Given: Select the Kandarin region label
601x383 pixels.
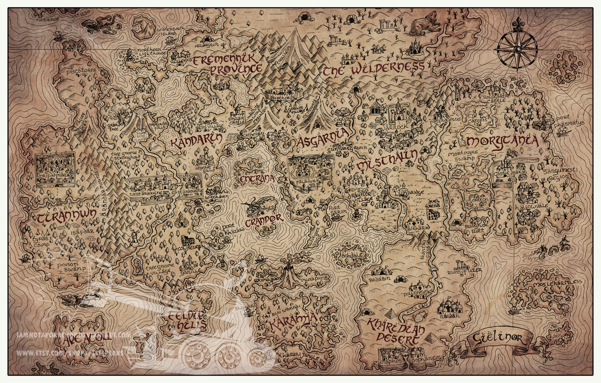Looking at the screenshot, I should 196,141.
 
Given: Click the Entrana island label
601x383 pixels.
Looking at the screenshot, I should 256,179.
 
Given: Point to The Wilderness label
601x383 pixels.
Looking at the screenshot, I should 373,69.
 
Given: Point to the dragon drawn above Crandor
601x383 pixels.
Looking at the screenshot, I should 260,206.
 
